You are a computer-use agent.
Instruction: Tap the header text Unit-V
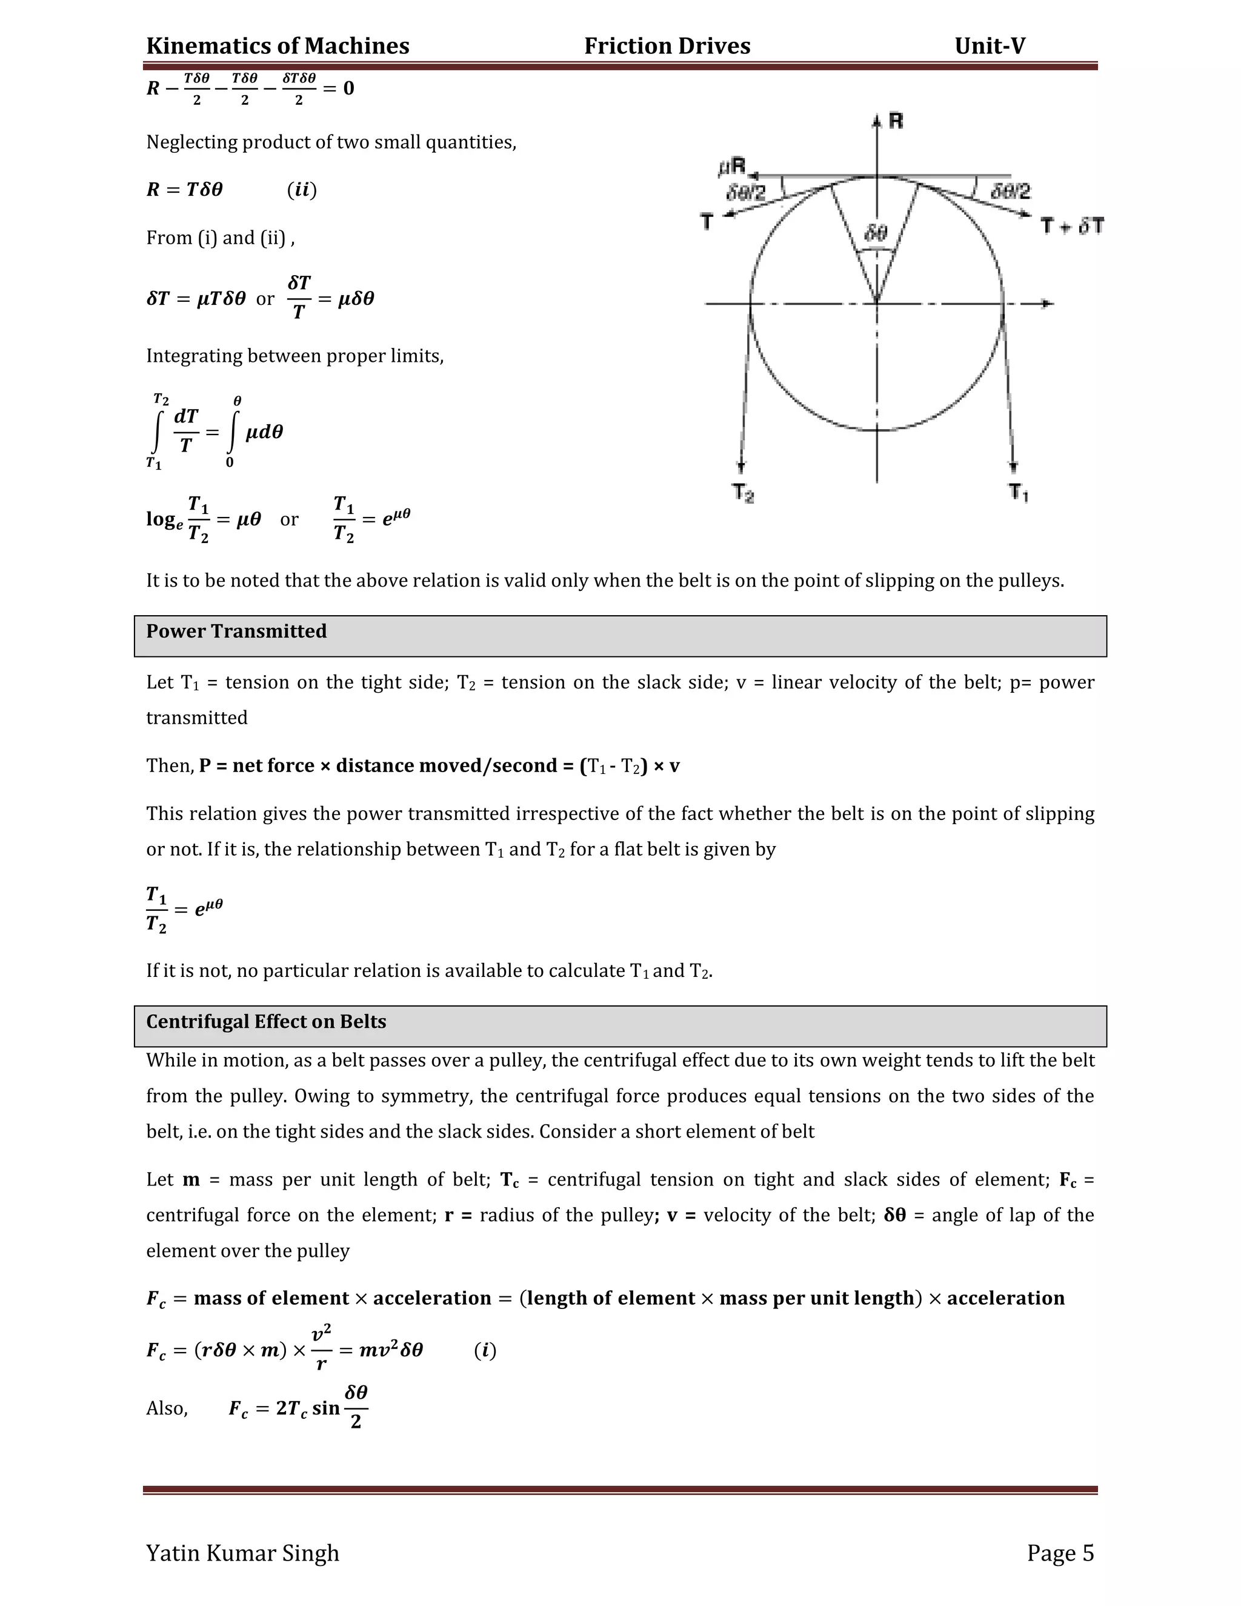click(x=989, y=46)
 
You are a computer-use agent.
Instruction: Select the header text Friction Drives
click(x=667, y=46)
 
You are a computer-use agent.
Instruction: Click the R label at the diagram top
click(x=896, y=121)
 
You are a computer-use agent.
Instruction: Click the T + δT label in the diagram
click(x=1072, y=227)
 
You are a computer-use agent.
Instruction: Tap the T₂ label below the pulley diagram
click(x=742, y=492)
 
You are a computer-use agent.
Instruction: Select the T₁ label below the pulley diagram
click(x=1017, y=492)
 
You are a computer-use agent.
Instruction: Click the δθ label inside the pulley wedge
click(x=875, y=234)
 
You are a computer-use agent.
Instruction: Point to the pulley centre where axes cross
click(x=876, y=302)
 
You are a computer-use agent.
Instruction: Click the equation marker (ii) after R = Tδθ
click(x=301, y=190)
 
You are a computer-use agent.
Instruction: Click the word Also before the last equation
click(x=166, y=1408)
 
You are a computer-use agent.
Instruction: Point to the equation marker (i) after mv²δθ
click(x=485, y=1350)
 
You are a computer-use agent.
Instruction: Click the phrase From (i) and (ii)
click(x=219, y=238)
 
